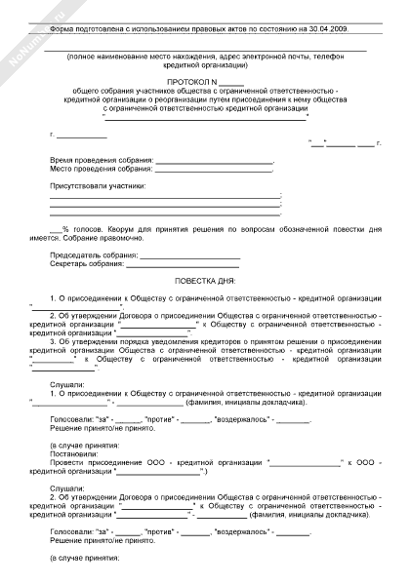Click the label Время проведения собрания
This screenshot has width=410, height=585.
tap(101, 159)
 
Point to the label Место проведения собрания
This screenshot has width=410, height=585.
tap(101, 169)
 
